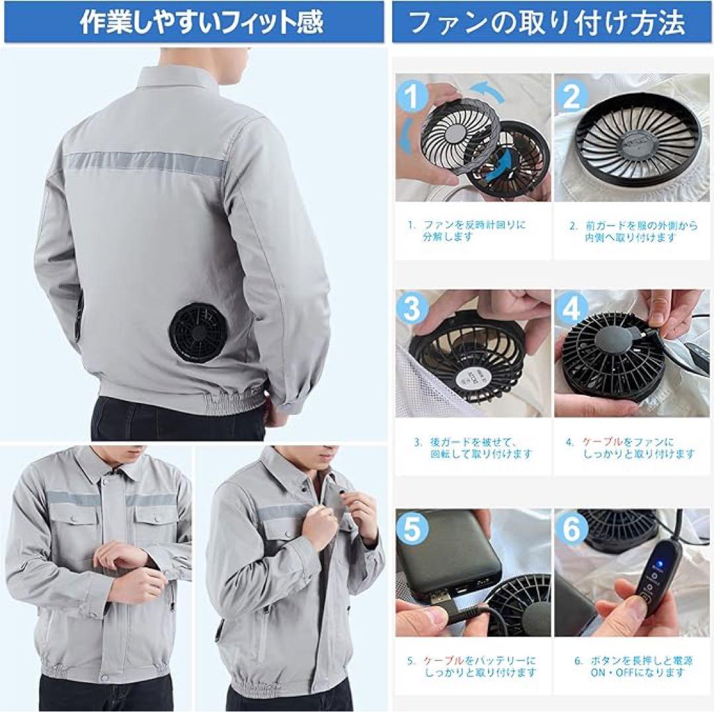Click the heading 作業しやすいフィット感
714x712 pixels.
coord(202,22)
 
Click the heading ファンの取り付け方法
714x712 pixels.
coord(547,22)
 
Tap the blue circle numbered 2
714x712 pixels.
coord(572,97)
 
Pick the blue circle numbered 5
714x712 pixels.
coord(413,528)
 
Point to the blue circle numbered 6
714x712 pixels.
coord(572,528)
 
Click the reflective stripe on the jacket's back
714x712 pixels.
coord(145,161)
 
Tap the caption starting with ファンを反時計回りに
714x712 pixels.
coord(473,230)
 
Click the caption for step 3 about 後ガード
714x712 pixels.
coord(473,448)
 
